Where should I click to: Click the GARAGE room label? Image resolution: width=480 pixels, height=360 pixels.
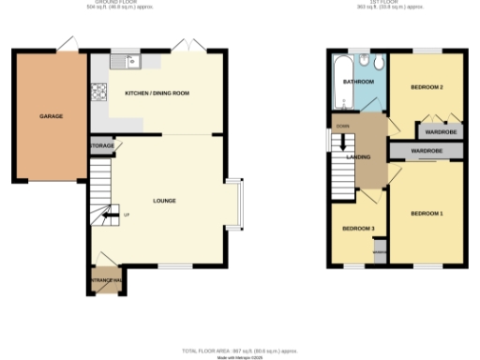(x=51, y=116)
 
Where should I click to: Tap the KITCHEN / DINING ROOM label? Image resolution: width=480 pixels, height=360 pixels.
(x=157, y=94)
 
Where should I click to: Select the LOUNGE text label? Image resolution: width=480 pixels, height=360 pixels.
(x=165, y=201)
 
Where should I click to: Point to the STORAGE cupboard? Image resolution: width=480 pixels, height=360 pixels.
(x=101, y=147)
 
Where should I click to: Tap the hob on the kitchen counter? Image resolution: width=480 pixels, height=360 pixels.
(x=98, y=93)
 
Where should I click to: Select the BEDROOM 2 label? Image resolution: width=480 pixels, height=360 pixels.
(x=426, y=87)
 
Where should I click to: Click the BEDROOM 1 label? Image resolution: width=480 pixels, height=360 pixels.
(x=427, y=214)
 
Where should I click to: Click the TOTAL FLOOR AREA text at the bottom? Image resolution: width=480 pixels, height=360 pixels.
(x=239, y=348)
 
